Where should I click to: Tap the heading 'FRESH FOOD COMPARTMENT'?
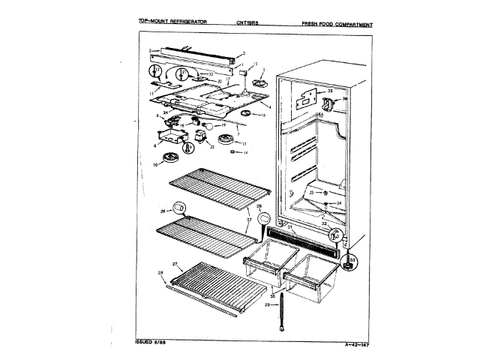click(337, 24)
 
